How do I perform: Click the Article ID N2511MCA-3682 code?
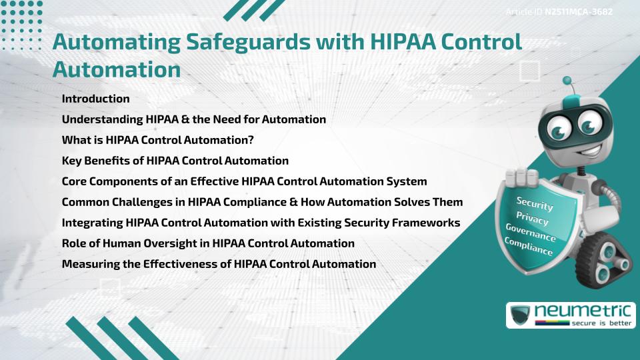[x=579, y=12]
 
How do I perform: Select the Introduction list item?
[x=96, y=99]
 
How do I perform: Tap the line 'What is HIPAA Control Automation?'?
[x=158, y=140]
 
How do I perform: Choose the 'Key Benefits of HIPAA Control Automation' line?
[x=175, y=161]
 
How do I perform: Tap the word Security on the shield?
[x=534, y=203]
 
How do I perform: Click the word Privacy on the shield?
[x=533, y=219]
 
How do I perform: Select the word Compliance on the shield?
[x=529, y=247]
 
